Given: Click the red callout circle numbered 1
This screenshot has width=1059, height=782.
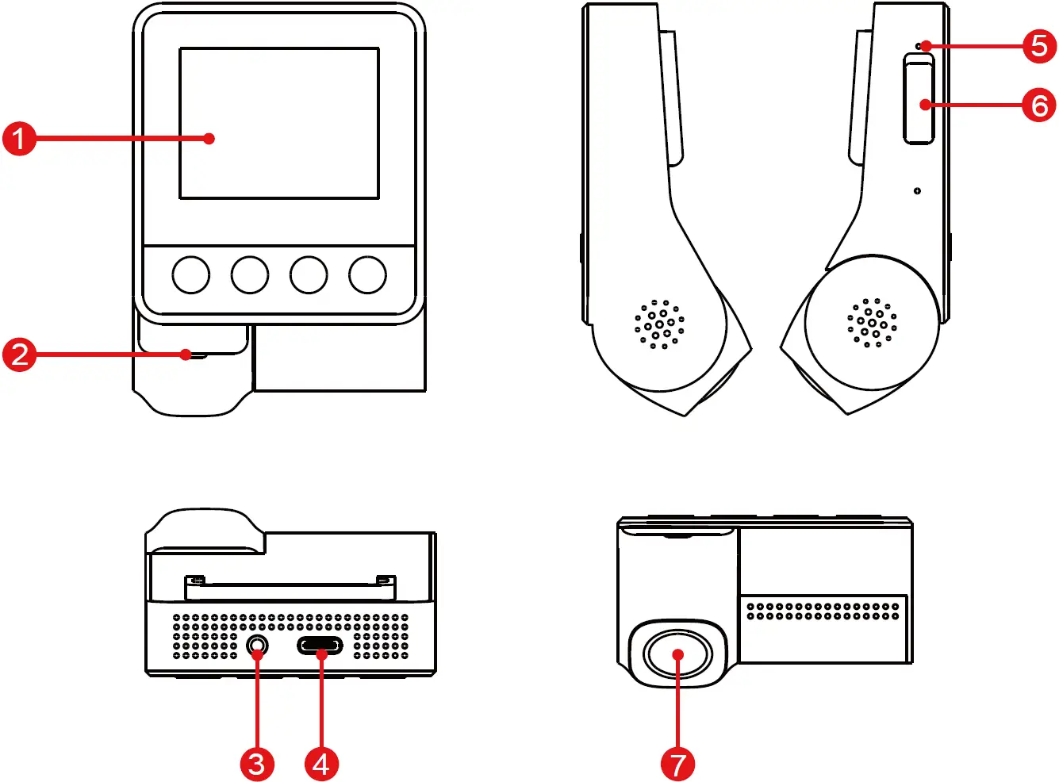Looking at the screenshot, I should tap(19, 138).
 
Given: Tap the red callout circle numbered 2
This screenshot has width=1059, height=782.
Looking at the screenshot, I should tap(19, 354).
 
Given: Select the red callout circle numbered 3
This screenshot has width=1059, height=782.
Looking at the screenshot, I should tap(257, 764).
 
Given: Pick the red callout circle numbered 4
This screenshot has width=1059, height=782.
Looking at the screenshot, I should tap(321, 764).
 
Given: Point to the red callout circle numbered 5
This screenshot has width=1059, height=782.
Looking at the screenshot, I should tap(1039, 46).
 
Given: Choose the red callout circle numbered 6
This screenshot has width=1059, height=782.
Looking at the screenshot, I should tap(1039, 105).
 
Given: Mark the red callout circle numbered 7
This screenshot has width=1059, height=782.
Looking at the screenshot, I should tap(677, 764).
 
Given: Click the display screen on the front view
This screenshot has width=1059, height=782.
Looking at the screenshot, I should tap(279, 123).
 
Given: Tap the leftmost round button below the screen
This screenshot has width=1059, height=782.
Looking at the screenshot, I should tap(191, 274).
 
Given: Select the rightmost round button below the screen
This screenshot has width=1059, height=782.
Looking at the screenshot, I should tap(367, 274).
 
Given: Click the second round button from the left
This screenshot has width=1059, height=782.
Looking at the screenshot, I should tap(250, 274).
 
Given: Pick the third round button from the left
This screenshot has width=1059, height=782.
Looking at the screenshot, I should tap(309, 274).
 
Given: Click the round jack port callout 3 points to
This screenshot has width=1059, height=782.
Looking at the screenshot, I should tap(257, 646).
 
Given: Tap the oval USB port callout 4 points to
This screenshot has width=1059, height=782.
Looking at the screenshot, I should tap(320, 646).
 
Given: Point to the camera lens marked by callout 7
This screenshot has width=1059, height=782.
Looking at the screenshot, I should tap(677, 654).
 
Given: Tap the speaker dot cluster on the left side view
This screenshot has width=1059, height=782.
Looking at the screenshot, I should tap(660, 324).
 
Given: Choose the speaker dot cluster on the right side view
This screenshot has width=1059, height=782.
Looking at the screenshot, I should tap(872, 323).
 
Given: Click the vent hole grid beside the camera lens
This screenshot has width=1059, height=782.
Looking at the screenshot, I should tap(823, 611).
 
